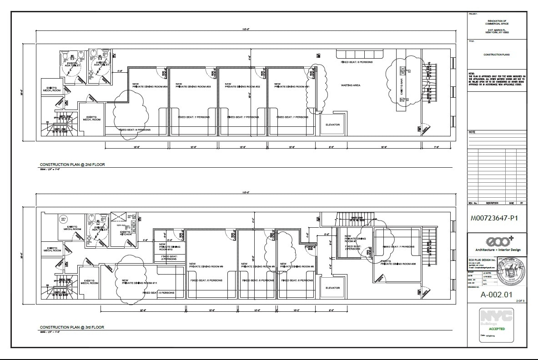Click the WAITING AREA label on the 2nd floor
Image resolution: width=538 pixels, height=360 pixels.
click(351, 85)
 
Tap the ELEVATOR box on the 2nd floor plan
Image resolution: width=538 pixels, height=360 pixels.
click(332, 125)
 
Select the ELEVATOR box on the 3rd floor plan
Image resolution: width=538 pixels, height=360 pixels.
click(332, 288)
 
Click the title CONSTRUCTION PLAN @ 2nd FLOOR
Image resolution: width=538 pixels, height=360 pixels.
click(72, 165)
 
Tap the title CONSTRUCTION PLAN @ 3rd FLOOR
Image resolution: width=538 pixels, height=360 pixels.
click(72, 327)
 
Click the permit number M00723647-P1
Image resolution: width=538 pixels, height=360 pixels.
click(495, 218)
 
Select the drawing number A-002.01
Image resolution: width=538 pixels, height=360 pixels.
click(496, 294)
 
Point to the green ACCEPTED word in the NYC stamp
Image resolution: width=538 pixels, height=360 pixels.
click(497, 328)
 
